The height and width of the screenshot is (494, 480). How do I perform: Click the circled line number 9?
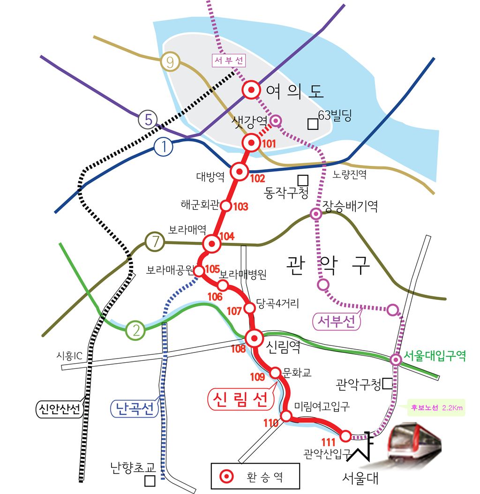[x=170, y=62]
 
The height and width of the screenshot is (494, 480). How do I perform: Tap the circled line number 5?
[x=148, y=120]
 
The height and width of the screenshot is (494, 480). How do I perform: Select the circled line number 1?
[x=164, y=148]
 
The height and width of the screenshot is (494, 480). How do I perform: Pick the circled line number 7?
[x=154, y=242]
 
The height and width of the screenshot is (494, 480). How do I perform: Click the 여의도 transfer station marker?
[x=252, y=90]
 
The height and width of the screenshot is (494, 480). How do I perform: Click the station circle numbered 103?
[x=226, y=205]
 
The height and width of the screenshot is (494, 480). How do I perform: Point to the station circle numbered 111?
[x=345, y=436]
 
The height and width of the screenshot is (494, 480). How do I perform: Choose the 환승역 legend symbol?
[x=227, y=476]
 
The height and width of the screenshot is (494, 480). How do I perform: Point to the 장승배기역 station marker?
[x=316, y=214]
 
